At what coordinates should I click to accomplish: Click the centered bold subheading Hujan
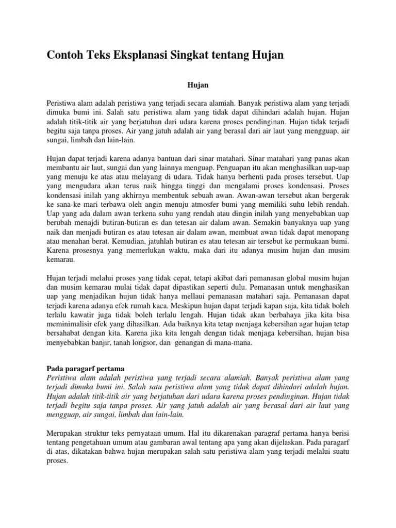(x=197, y=82)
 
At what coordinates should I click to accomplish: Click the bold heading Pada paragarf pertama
(x=86, y=369)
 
